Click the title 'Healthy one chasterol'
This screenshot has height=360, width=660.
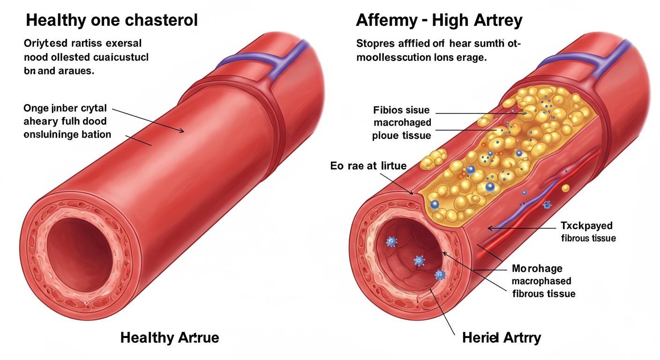112,20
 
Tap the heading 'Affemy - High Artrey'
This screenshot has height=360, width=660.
439,20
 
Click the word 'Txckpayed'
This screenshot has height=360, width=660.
586,225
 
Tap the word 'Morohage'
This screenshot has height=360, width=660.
537,269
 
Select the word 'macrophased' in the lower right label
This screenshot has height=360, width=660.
541,281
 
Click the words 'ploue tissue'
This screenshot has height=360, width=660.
401,136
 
